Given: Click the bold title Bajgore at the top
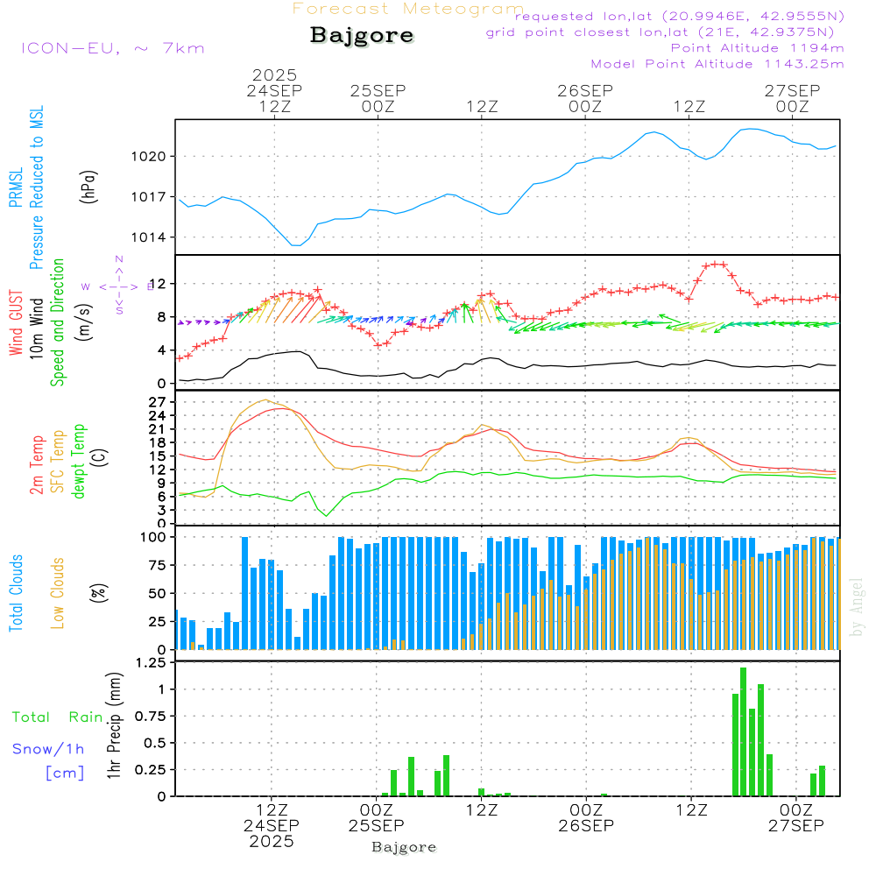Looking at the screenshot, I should coord(362,36).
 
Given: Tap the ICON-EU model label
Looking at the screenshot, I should coord(112,48).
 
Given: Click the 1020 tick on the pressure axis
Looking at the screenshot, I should coord(148,156).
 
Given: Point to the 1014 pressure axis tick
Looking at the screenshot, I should coord(148,237).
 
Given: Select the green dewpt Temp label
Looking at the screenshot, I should coord(79,462).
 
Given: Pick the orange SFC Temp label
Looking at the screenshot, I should coord(58,462).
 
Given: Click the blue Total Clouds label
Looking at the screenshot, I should coord(16,593).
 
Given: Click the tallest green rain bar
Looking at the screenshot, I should coord(743,731).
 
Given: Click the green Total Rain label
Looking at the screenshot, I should coord(58,717).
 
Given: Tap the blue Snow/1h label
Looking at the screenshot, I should coord(48,749).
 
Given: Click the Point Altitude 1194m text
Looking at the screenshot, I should coord(757,47).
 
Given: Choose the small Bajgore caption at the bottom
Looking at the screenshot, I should coord(404,847).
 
